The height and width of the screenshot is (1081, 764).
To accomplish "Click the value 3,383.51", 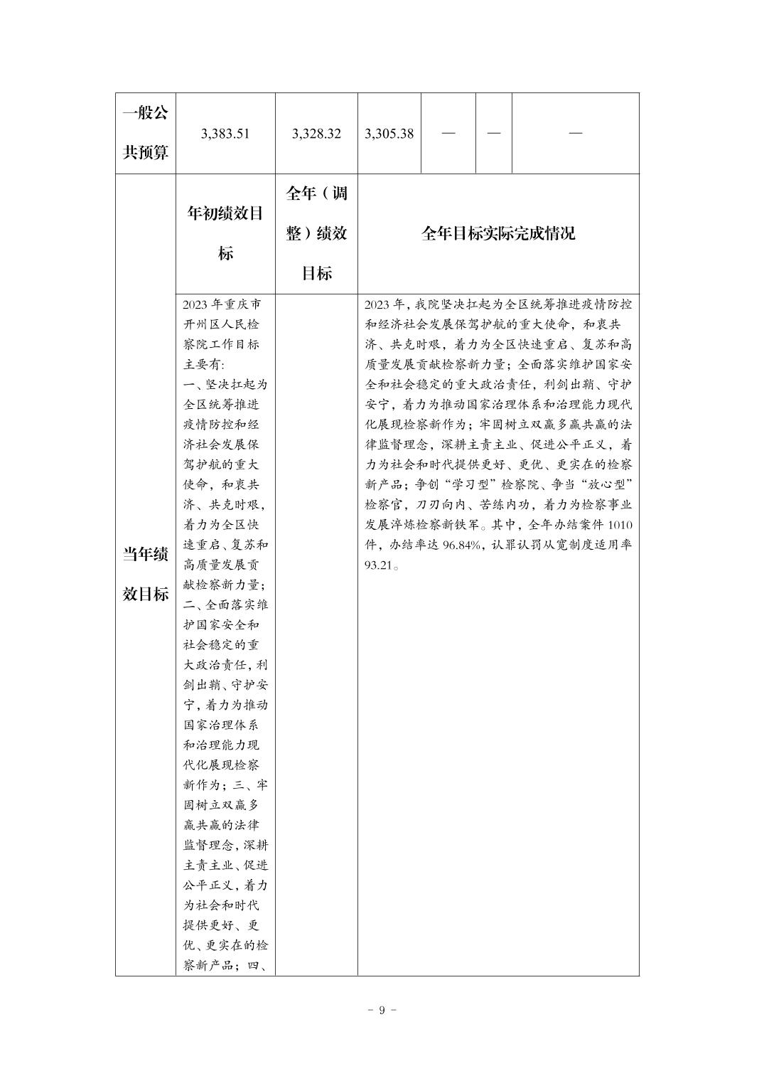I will point(225,134).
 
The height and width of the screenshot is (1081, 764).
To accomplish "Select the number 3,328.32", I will point(316,134).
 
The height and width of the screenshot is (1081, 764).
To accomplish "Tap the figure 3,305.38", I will point(389,134).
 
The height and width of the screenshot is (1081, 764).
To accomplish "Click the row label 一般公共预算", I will point(146,133).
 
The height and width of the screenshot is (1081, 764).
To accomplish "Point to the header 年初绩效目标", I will point(225,233).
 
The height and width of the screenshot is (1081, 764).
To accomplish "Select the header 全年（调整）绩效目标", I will point(316,233).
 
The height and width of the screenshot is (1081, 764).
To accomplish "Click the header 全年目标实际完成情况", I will point(497,234).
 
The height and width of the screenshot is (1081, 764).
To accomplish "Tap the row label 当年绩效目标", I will point(146,575).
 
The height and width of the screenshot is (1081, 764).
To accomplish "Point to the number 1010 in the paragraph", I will point(620,526).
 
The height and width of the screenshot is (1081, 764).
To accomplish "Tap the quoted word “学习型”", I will point(461,486).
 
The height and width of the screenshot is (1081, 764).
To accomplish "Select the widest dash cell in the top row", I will point(575,134).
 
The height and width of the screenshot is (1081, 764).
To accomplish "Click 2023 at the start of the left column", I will point(195,304).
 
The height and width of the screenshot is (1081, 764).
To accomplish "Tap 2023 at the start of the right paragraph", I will point(377,304).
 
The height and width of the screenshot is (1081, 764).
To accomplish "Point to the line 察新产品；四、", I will point(225,966).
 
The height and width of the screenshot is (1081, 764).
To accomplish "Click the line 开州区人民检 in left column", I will point(221,324).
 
